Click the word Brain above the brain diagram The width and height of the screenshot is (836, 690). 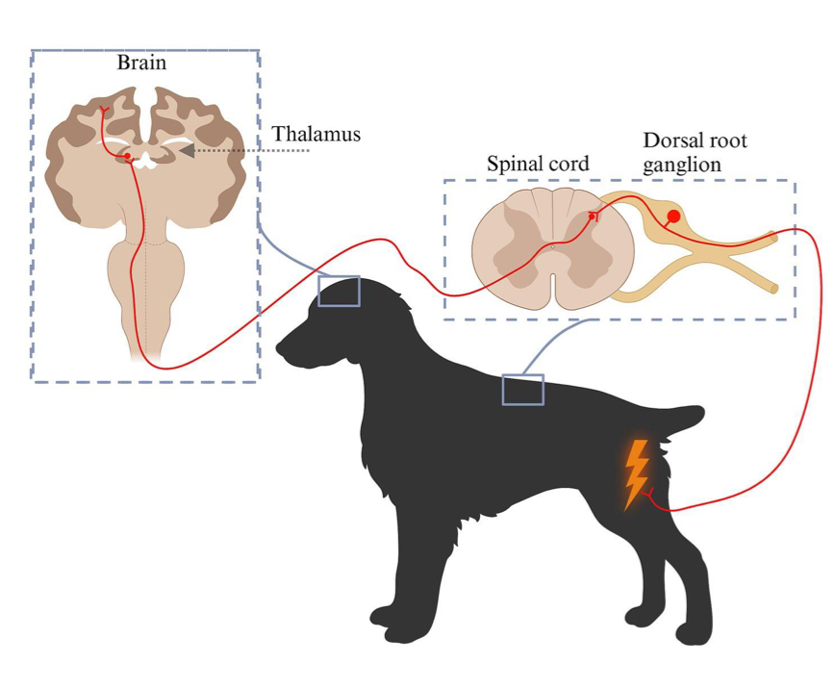(x=141, y=64)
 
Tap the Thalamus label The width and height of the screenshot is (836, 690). (x=316, y=134)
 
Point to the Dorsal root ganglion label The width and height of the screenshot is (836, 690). (x=695, y=153)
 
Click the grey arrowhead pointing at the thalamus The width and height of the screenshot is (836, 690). (x=187, y=150)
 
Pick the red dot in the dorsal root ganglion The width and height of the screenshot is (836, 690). (x=673, y=217)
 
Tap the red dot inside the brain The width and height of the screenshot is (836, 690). (x=127, y=155)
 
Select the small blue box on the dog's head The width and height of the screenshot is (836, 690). (x=339, y=291)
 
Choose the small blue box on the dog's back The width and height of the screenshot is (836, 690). (x=522, y=389)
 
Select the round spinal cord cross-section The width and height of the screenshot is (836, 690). (x=550, y=248)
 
